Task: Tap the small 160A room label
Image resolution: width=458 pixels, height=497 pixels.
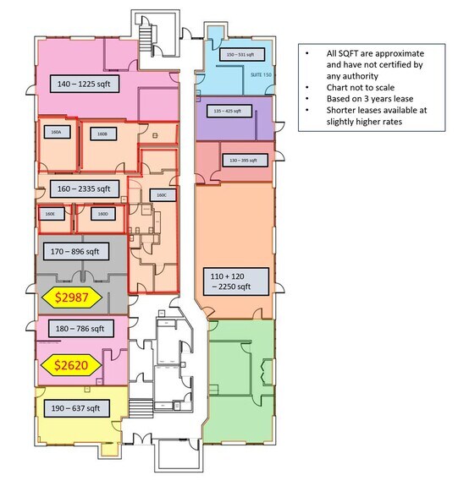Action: pyautogui.click(x=56, y=133)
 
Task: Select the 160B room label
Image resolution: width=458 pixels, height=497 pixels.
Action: pyautogui.click(x=102, y=134)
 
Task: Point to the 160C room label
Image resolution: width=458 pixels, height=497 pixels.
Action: pyautogui.click(x=161, y=194)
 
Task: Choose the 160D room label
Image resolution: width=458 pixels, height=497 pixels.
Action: pyautogui.click(x=102, y=215)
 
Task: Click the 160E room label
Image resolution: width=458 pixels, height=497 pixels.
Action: pyautogui.click(x=50, y=215)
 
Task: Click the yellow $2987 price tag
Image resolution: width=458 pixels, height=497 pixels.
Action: pyautogui.click(x=72, y=297)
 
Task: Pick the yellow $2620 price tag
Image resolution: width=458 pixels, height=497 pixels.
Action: pyautogui.click(x=72, y=365)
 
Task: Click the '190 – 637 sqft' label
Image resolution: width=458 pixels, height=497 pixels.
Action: pyautogui.click(x=76, y=408)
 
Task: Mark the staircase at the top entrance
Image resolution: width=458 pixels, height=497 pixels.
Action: pyautogui.click(x=150, y=37)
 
